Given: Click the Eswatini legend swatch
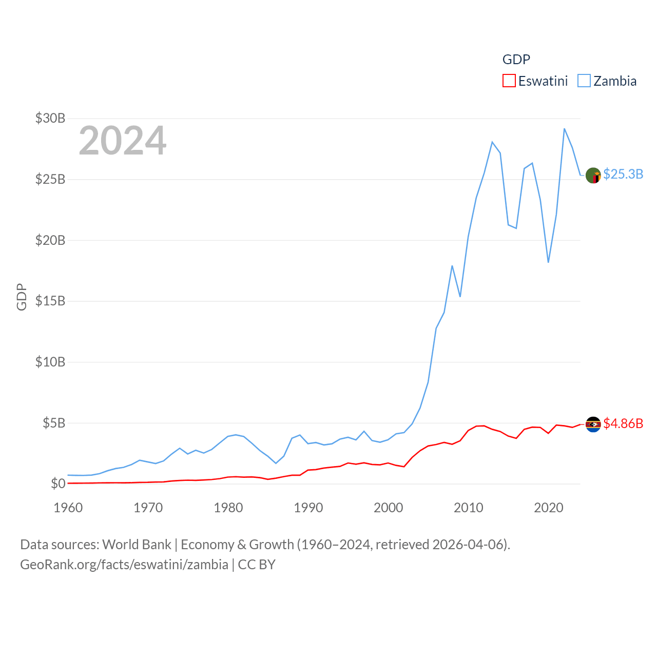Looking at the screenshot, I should pos(509,81).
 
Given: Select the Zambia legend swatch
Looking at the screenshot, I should pos(584,81).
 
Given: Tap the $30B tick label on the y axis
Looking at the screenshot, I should pos(50,118).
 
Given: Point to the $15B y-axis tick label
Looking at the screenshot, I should pos(50,301).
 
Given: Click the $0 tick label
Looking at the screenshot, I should pos(58,484).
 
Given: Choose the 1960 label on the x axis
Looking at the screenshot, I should pos(68,508).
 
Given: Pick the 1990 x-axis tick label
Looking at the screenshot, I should pos(308,508).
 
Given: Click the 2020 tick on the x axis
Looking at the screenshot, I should pos(548,508).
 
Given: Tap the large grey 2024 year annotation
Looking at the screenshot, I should pos(122,140).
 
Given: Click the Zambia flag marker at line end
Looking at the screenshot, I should pos(593,176).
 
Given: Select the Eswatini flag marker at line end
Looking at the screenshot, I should pos(593,424).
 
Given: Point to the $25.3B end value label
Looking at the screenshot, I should pos(623,174).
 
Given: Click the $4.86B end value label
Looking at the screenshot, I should pos(623,423).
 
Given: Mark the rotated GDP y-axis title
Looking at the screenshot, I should pos(22,297).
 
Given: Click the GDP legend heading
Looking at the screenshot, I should pos(516,60).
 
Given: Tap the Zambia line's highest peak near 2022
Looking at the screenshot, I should pos(564,129).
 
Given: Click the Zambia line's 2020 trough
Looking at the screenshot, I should pos(548,262).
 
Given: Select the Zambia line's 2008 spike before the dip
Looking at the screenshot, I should pos(452,266).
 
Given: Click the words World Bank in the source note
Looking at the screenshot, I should pos(137,544).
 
